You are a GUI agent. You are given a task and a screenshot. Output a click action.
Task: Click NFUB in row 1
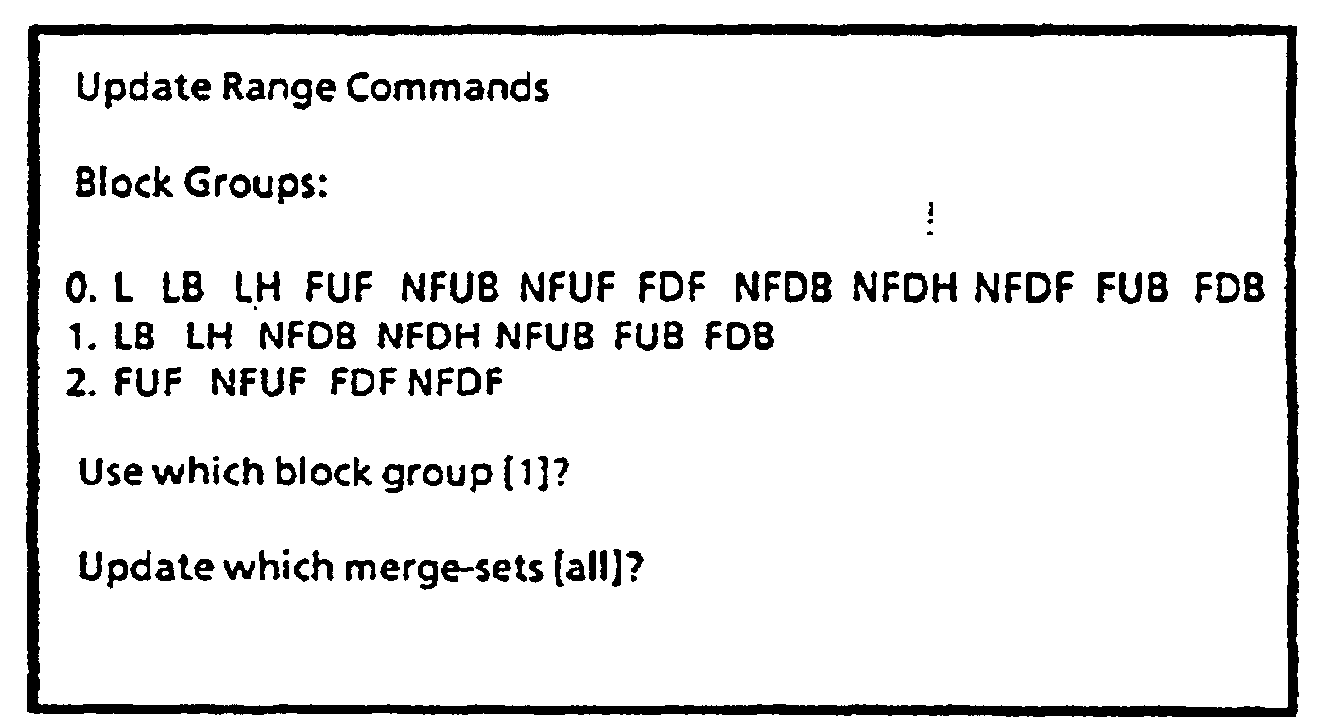point(544,337)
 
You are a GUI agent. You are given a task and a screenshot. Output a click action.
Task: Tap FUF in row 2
point(146,384)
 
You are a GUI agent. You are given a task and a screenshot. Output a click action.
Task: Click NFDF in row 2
point(456,384)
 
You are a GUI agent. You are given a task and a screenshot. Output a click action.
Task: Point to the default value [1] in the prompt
point(526,473)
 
